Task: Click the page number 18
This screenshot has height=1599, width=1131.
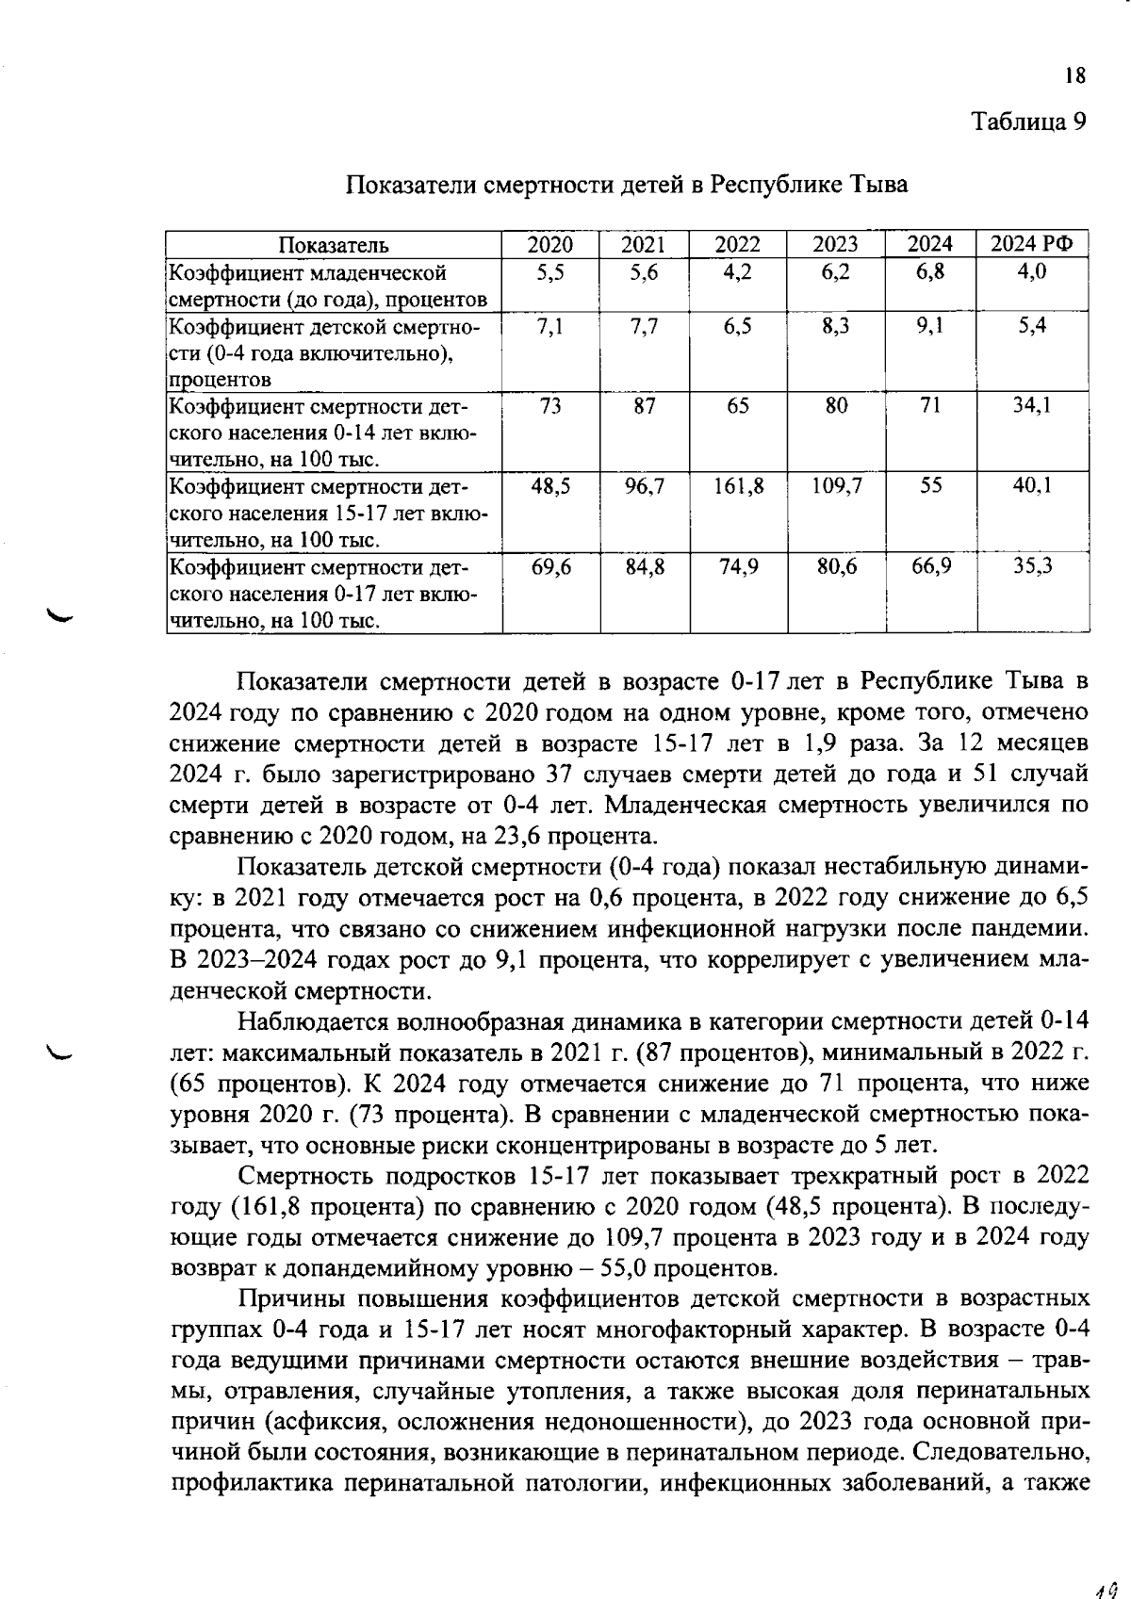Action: pos(1075,76)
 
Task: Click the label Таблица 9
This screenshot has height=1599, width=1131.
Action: pos(1029,122)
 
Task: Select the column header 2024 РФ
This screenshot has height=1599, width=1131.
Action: pos(1031,245)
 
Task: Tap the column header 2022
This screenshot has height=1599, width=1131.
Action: pos(737,245)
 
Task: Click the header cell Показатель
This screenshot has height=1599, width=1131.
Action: pos(334,245)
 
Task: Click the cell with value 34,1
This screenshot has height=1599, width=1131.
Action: pos(1032,406)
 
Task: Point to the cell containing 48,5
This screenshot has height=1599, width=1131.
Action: pos(550,486)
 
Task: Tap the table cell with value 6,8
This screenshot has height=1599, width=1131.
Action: pos(929,272)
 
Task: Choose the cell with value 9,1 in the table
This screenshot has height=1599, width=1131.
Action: pos(929,326)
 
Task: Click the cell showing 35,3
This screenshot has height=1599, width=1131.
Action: pos(1032,566)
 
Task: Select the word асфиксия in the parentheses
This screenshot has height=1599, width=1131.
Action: pos(299,1423)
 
